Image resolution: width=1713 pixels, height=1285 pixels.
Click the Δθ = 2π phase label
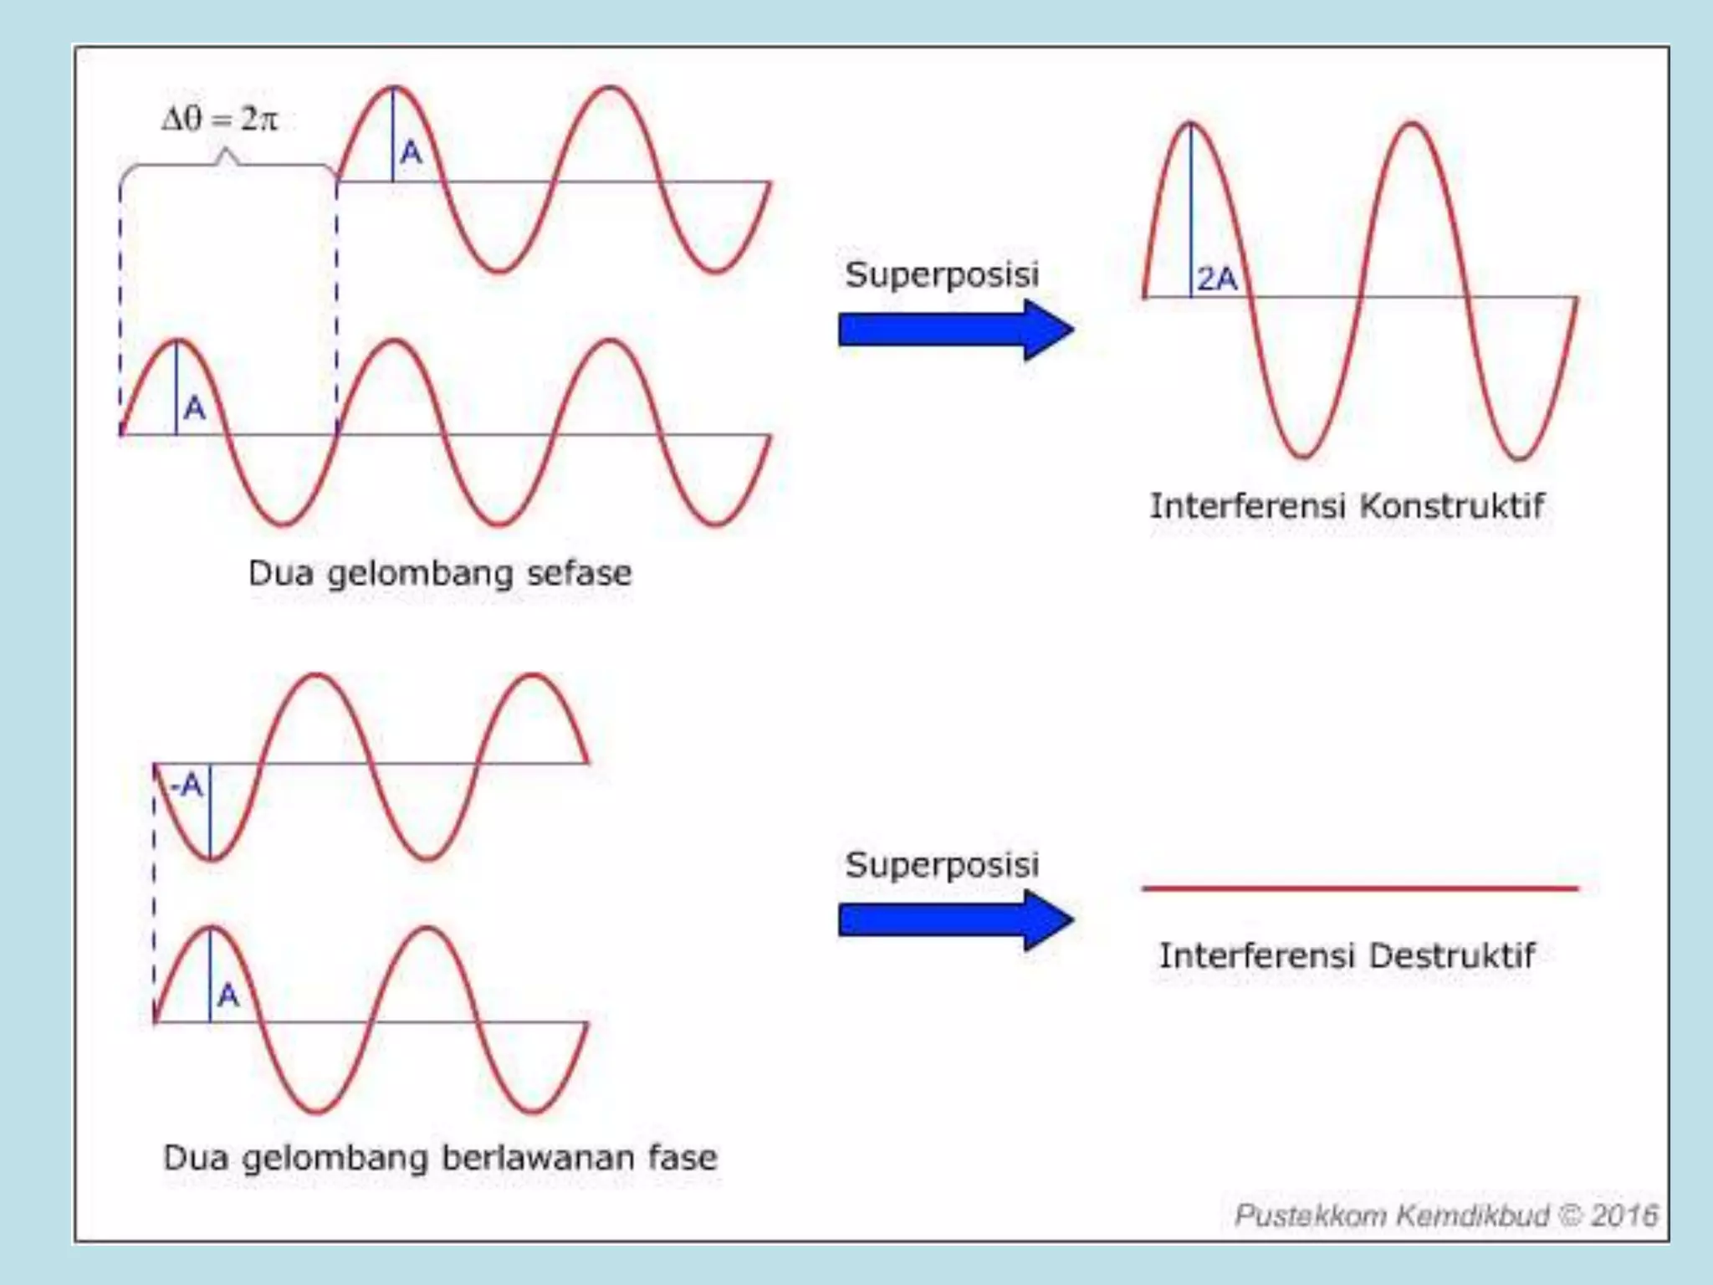tap(219, 120)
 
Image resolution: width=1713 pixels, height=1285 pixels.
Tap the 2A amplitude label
tap(1217, 279)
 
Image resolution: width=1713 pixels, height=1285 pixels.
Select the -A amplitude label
tap(187, 786)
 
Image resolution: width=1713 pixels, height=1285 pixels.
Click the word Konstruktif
tap(1452, 505)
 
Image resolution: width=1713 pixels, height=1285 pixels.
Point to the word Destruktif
tap(1452, 955)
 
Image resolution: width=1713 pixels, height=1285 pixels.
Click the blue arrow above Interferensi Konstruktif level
tap(956, 330)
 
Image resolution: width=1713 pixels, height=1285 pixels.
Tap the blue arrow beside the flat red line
tap(956, 920)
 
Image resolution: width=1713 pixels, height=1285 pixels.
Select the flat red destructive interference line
tap(1360, 888)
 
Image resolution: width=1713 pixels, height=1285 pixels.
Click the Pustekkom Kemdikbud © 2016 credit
tap(1446, 1215)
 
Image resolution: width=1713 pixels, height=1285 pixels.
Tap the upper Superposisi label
tap(942, 275)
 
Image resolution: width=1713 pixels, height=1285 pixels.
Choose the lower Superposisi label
tap(942, 865)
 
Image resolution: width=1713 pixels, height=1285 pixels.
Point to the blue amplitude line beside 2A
tap(1190, 210)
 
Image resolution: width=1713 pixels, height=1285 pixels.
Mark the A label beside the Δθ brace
tap(411, 152)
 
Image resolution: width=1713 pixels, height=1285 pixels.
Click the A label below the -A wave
tap(228, 996)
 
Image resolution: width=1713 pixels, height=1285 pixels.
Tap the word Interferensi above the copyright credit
tap(1252, 955)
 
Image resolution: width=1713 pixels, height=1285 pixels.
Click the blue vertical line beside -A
tap(210, 811)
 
